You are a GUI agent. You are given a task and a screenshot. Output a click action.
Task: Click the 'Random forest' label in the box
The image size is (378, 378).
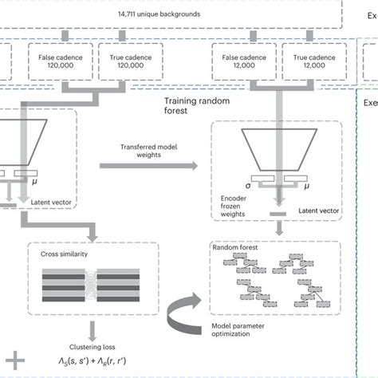pos(237,248)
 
